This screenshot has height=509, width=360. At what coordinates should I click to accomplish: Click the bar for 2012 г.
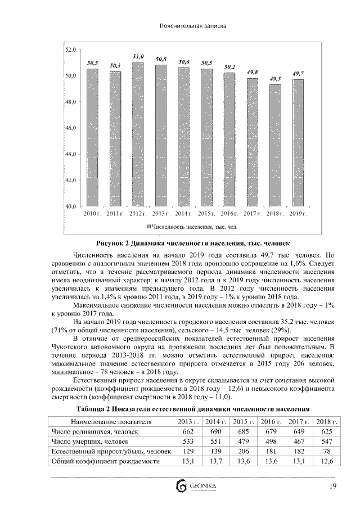138,135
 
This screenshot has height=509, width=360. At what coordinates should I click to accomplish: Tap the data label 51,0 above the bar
138,57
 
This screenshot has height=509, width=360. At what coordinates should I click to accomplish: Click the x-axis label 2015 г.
206,214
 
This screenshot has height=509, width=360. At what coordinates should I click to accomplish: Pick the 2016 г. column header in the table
271,421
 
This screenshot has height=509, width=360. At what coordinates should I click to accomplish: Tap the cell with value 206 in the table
244,451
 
